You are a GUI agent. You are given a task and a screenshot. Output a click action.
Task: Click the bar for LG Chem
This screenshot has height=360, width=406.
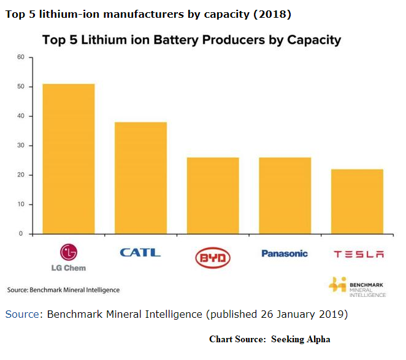(68, 159)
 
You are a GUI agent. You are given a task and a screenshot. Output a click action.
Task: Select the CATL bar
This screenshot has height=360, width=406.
(140, 178)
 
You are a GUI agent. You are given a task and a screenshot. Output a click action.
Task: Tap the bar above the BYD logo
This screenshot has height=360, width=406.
(213, 195)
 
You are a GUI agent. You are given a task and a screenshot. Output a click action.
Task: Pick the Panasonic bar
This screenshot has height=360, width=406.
(285, 195)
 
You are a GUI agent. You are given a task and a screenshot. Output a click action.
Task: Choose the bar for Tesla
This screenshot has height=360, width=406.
(357, 201)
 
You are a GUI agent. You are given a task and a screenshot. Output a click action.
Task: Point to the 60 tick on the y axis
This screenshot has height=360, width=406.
(20, 58)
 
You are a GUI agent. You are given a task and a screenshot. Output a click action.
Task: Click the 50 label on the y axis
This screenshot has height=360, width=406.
(20, 87)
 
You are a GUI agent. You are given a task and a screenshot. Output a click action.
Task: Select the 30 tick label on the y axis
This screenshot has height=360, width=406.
(20, 146)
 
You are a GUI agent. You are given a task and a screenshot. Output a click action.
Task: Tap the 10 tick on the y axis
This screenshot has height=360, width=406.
(20, 204)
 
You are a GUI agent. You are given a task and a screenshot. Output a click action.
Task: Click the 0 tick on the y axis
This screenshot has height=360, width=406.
(21, 234)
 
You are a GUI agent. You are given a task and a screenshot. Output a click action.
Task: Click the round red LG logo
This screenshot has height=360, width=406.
(68, 252)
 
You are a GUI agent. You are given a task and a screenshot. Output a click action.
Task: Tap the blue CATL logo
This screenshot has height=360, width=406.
(140, 252)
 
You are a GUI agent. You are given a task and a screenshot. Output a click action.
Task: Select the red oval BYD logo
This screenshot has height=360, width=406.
(213, 258)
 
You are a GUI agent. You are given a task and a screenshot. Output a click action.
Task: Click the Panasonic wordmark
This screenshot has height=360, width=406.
(285, 253)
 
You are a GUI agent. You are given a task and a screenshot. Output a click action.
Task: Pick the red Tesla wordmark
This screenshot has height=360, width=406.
(358, 254)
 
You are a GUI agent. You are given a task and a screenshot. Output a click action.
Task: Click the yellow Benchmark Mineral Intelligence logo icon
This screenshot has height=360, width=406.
(337, 285)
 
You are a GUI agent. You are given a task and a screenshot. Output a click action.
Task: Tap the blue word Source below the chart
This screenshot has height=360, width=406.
(23, 314)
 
